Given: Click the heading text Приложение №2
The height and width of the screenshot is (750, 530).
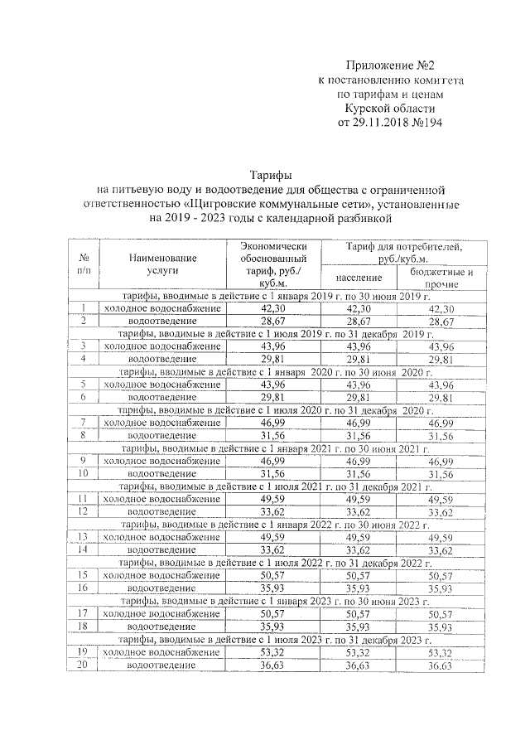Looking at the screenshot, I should click(x=389, y=65).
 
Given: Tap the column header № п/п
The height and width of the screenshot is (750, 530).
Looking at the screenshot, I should click(x=84, y=264).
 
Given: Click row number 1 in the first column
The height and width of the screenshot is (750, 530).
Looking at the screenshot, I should click(x=84, y=307).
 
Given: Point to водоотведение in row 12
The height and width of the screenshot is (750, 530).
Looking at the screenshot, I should click(x=161, y=512).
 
